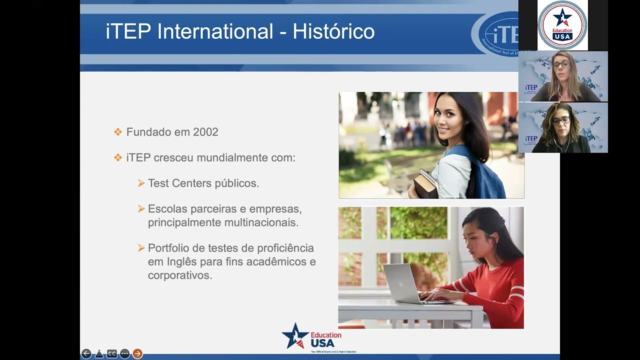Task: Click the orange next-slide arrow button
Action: click(x=137, y=354)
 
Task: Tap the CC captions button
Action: click(x=112, y=354)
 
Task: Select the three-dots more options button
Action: click(x=124, y=354)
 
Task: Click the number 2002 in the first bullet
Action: click(x=205, y=132)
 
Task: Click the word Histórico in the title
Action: click(x=333, y=31)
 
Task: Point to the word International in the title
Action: click(x=215, y=31)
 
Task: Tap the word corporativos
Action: click(x=179, y=275)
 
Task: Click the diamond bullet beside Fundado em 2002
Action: click(x=118, y=132)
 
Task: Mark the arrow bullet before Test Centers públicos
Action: click(x=141, y=183)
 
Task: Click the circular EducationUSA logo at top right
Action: click(x=562, y=25)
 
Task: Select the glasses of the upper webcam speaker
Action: click(x=561, y=64)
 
